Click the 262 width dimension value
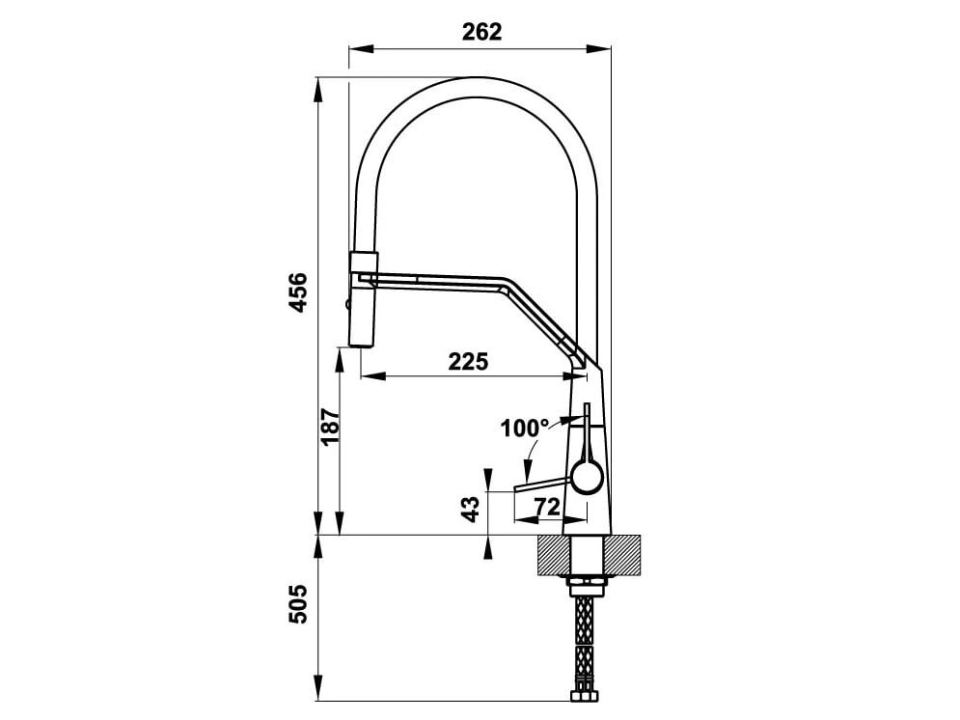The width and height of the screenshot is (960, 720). pyautogui.click(x=481, y=32)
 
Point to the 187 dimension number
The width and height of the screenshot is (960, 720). pyautogui.click(x=328, y=428)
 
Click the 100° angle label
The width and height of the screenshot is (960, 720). pyautogui.click(x=524, y=428)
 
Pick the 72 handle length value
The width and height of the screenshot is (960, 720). pyautogui.click(x=547, y=505)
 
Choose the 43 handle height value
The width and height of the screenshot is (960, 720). pyautogui.click(x=471, y=510)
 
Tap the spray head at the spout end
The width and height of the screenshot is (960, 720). pyautogui.click(x=364, y=299)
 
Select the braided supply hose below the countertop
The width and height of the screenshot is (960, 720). pyautogui.click(x=584, y=637)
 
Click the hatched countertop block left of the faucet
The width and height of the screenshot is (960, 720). pyautogui.click(x=553, y=554)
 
